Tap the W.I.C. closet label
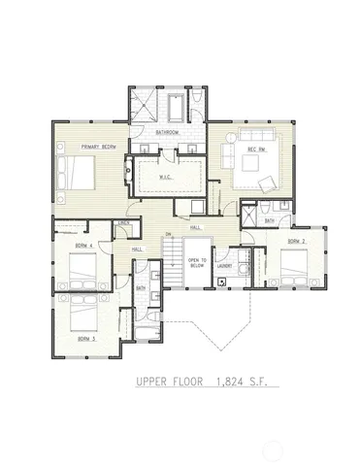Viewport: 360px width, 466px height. point(176,176)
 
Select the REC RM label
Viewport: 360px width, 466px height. point(257,150)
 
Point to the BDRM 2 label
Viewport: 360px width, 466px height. point(297,241)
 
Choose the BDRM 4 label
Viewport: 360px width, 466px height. point(82,247)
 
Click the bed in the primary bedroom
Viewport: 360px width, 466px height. point(76,176)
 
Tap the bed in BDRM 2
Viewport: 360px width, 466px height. point(292,263)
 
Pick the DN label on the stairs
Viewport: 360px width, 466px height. point(168,236)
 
